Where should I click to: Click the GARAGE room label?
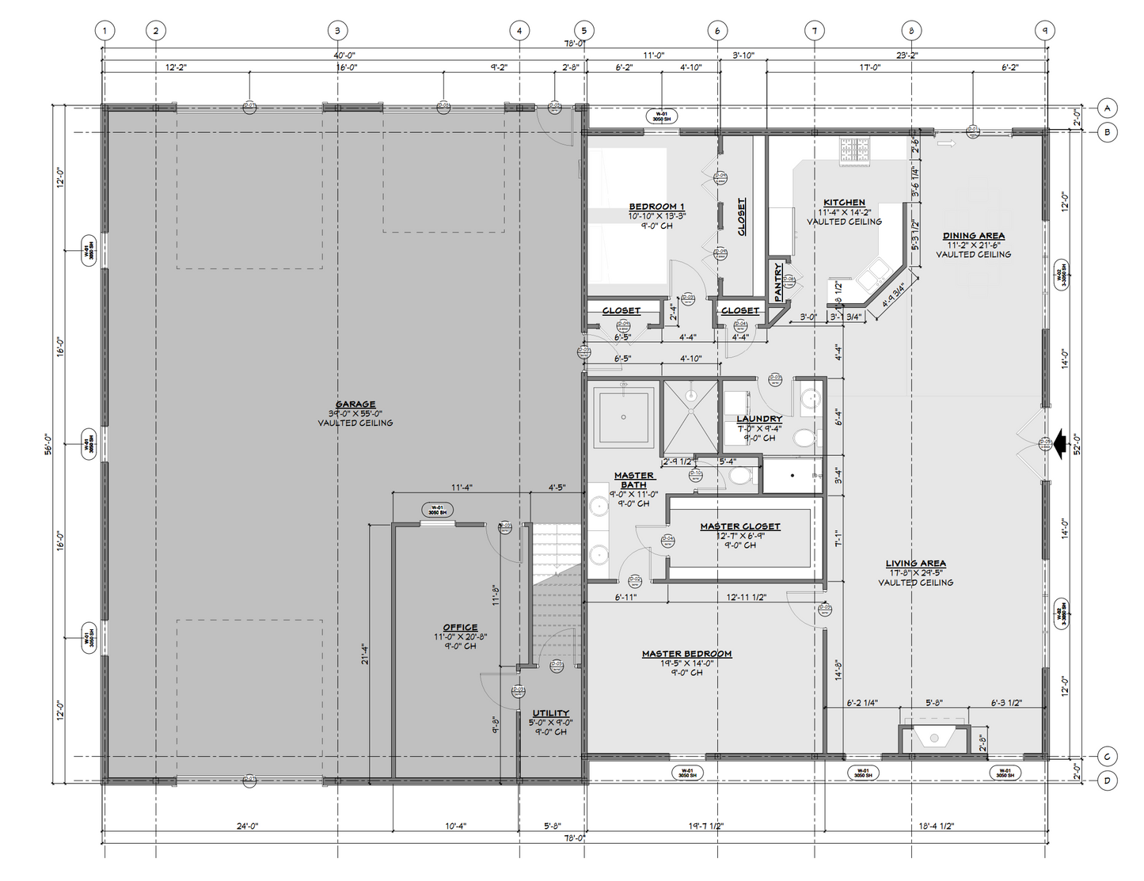click(355, 404)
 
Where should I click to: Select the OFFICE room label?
click(460, 628)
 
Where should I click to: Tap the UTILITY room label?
click(550, 713)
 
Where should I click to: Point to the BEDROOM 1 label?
click(656, 207)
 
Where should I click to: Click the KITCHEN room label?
click(844, 203)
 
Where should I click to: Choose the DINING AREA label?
click(973, 236)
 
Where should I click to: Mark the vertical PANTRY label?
click(778, 281)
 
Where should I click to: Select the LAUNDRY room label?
click(758, 419)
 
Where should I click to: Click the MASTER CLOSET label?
click(739, 526)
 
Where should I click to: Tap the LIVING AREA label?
click(915, 564)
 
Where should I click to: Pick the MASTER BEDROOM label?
click(686, 654)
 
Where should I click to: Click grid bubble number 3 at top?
click(337, 31)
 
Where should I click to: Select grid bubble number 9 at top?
click(1045, 31)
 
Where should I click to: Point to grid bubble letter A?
click(1107, 108)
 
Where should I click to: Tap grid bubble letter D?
click(1107, 781)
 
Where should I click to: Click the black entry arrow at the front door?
click(1058, 444)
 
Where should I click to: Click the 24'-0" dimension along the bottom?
click(247, 826)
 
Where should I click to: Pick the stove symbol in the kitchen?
click(856, 150)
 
